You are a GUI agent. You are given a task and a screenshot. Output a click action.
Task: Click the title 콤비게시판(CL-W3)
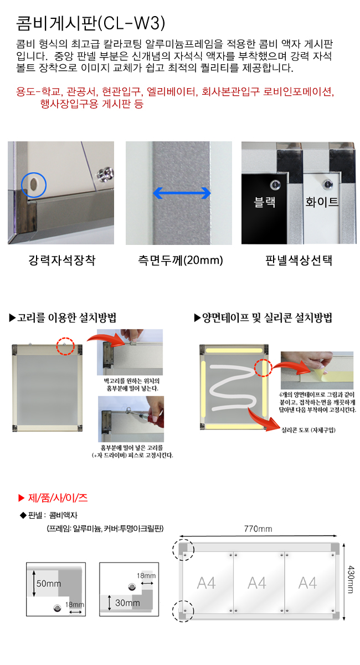[x=90, y=23]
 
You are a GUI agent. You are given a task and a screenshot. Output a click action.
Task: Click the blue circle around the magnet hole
[x=34, y=173]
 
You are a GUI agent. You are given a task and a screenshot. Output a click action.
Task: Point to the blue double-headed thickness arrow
[x=182, y=193]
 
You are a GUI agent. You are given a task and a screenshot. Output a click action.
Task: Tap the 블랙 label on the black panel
[x=264, y=202]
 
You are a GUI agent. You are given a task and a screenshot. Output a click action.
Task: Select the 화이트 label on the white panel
[x=322, y=202]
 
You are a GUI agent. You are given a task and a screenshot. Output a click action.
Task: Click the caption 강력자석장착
[x=61, y=260]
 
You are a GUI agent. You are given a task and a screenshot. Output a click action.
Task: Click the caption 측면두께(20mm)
[x=181, y=260]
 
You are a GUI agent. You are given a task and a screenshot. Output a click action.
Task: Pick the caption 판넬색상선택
[x=299, y=260]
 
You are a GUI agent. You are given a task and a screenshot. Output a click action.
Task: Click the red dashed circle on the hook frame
[x=65, y=337]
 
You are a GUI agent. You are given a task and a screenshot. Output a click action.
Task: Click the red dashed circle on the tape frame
[x=263, y=360]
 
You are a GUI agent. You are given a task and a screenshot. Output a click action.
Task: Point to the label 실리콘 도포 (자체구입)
[x=308, y=430]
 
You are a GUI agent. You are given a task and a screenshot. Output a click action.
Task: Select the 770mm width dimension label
[x=258, y=529]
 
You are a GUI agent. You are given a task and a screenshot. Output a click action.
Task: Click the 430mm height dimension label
[x=351, y=580]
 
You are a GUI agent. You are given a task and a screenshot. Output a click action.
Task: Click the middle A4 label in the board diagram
[x=257, y=583]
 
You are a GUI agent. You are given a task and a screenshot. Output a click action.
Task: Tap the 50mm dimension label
[x=49, y=584]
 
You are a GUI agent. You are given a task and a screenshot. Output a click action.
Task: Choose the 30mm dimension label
[x=127, y=603]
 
